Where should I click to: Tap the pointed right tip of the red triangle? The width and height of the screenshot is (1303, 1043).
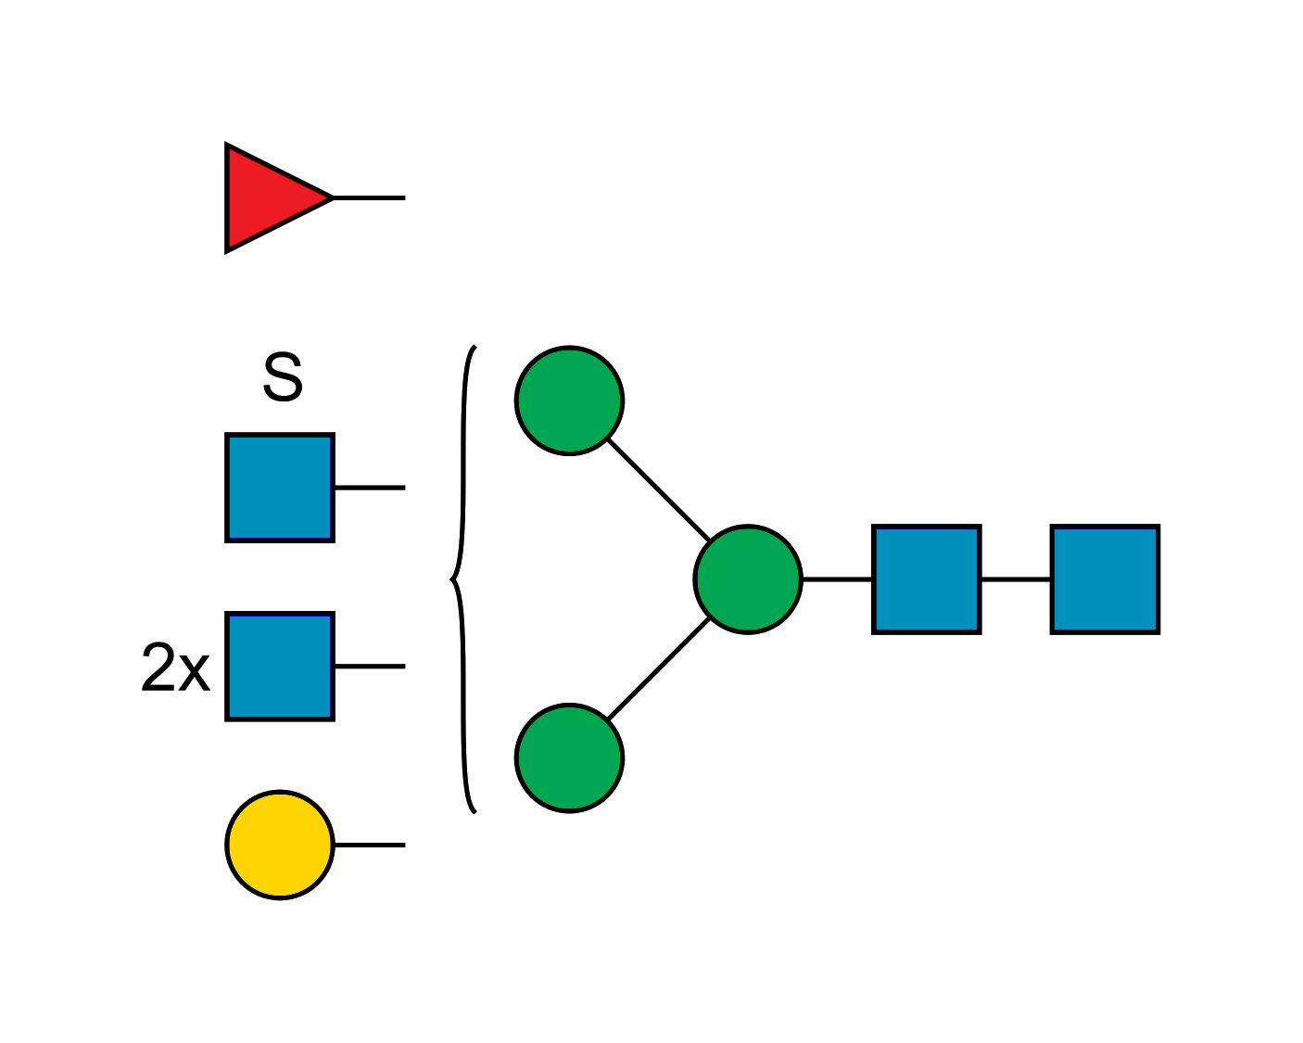tap(328, 197)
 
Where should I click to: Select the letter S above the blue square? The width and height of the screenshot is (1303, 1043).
tap(283, 376)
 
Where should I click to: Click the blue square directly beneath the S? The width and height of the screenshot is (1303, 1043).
tap(280, 487)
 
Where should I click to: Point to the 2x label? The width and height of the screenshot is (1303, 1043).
tap(174, 668)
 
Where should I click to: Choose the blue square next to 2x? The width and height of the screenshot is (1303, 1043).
tap(280, 667)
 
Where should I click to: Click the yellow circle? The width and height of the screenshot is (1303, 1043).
tap(280, 845)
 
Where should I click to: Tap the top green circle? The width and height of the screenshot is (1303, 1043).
tap(569, 401)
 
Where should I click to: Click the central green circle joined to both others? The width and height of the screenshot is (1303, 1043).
tap(748, 579)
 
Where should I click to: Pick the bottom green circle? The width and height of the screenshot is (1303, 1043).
tap(569, 758)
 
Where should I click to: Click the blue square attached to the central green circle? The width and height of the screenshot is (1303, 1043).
tap(927, 579)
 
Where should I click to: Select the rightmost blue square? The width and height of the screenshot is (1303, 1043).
tap(1105, 579)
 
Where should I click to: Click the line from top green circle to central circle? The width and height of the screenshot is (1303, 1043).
tap(659, 490)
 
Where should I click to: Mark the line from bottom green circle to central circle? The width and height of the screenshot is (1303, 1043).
tap(659, 669)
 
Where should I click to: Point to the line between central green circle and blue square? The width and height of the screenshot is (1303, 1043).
tap(837, 579)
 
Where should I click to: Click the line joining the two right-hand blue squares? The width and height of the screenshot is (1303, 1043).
tap(1016, 579)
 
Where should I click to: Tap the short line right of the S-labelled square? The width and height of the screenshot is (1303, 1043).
tap(370, 487)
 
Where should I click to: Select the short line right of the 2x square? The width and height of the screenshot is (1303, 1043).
tap(370, 667)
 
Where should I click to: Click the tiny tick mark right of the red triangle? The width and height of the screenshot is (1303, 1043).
tap(404, 197)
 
